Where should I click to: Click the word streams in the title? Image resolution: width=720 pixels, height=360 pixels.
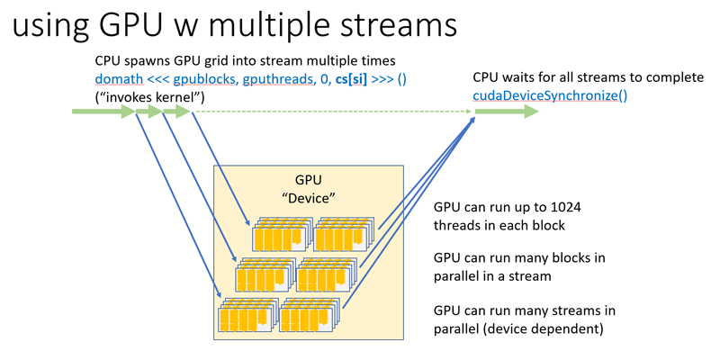point(407,26)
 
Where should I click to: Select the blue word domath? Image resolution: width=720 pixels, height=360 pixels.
point(119,79)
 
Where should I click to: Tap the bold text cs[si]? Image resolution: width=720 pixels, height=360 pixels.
point(352,80)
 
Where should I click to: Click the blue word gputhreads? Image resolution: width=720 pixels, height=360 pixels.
point(279,80)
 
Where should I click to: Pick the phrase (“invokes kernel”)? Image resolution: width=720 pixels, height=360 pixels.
point(149,97)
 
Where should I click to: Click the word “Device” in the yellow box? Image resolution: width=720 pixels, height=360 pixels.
point(309,199)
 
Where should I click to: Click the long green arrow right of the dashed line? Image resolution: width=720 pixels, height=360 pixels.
point(507,112)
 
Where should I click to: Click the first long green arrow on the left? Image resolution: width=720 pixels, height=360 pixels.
point(103,112)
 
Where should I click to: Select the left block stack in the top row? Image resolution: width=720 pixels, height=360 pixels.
point(281,233)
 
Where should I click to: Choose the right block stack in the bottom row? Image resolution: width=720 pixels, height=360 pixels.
point(310,314)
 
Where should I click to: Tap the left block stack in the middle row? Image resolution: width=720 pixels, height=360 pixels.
point(264,274)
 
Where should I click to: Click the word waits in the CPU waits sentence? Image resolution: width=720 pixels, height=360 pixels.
point(512,77)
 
